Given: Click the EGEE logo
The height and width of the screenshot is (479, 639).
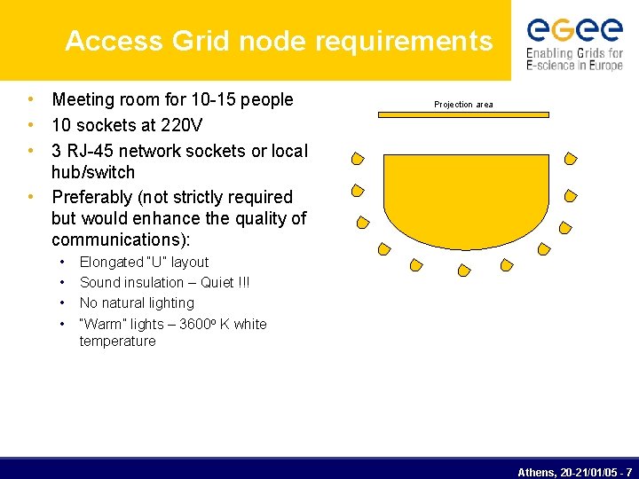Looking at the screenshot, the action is click(x=575, y=43).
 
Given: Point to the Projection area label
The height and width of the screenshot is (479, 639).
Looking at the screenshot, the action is click(x=463, y=105).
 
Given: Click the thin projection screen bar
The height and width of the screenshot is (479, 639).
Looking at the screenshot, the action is click(x=463, y=114).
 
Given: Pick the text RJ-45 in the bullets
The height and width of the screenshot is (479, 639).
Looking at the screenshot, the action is click(x=92, y=151).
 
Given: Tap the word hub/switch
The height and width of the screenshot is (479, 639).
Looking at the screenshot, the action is click(x=93, y=172).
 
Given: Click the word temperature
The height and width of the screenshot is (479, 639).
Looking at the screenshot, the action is click(x=117, y=341).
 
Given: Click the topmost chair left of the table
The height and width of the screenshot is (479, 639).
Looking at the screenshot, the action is click(x=357, y=160).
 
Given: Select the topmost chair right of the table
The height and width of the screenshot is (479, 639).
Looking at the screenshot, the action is click(x=572, y=160).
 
